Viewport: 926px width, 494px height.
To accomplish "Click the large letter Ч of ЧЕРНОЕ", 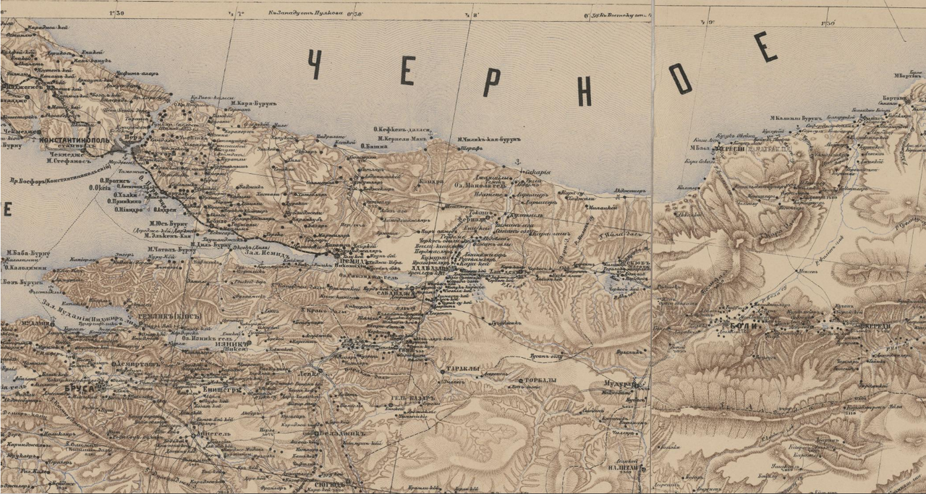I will [x=315, y=65].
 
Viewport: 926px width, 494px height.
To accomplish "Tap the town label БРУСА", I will [x=80, y=388].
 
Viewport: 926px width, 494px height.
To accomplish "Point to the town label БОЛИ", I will [x=750, y=326].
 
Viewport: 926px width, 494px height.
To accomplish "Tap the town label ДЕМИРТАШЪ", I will [x=135, y=365].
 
